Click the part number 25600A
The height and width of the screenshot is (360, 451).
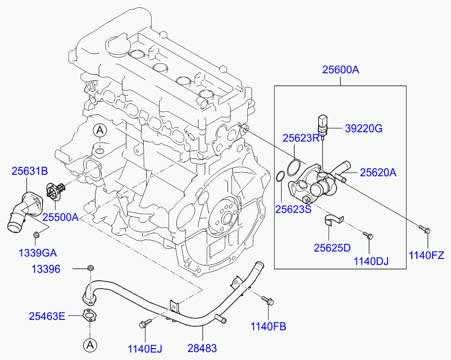click(340, 70)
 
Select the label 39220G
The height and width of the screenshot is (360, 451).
click(364, 129)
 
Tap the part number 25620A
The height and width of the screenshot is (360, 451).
click(378, 172)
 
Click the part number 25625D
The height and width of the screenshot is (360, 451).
click(332, 247)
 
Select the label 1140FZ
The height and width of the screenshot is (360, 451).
click(426, 255)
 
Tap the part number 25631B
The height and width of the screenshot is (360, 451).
click(30, 171)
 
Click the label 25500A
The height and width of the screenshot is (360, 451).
click(60, 217)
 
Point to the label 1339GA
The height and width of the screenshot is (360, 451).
click(38, 253)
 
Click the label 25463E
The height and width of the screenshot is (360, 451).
click(47, 315)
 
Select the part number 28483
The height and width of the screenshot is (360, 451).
click(202, 348)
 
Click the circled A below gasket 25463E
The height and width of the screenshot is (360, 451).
click(90, 344)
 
